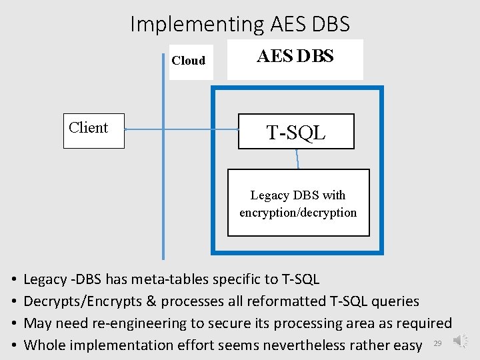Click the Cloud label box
point(190,61)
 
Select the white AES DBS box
point(295,59)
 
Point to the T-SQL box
point(297,131)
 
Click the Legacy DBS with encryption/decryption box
point(298,203)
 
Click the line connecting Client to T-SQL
point(180,129)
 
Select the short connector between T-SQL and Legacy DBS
point(297,159)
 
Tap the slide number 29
point(437,343)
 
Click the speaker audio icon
point(461,341)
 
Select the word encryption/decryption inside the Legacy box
point(298,213)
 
